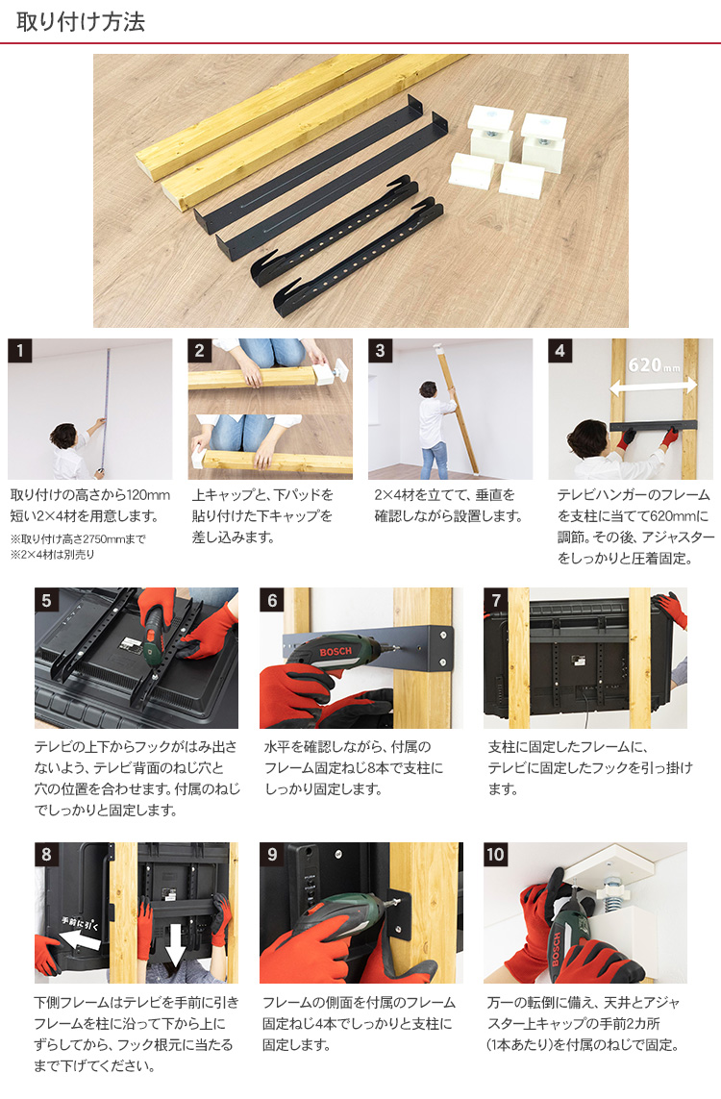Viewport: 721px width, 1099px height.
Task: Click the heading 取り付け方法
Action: click(81, 22)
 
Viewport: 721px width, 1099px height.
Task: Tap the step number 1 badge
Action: click(19, 350)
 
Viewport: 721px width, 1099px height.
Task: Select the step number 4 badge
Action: click(559, 350)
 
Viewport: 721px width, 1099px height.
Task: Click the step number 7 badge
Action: click(495, 600)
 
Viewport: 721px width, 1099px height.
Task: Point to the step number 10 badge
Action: click(495, 855)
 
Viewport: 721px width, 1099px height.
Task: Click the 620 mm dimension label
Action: click(654, 365)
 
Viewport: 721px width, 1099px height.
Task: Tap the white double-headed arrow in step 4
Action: click(653, 385)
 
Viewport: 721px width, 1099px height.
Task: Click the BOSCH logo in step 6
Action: click(336, 652)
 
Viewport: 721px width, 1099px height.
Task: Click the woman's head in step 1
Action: click(63, 436)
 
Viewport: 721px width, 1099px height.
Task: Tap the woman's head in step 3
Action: click(428, 389)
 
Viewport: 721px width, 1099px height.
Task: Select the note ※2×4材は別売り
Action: click(53, 555)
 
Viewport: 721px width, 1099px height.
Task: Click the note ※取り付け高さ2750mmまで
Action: click(78, 539)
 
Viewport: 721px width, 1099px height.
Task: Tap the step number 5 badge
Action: click(46, 600)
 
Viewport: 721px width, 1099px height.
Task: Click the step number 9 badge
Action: click(272, 855)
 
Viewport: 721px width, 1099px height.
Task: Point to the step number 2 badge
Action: click(200, 350)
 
